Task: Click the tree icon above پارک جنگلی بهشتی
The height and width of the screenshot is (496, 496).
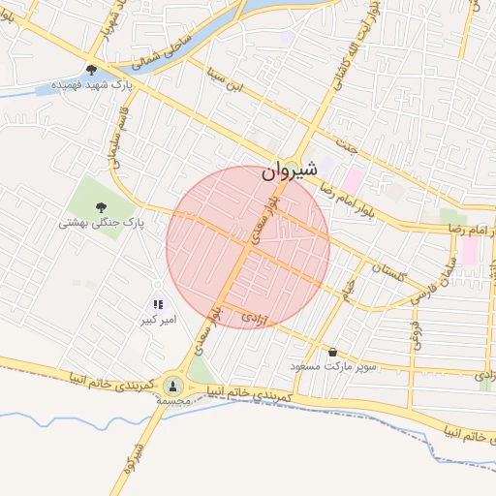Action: pyautogui.click(x=101, y=205)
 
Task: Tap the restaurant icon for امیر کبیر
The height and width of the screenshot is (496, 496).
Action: pyautogui.click(x=158, y=304)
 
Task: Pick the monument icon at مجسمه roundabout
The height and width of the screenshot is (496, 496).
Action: pyautogui.click(x=173, y=386)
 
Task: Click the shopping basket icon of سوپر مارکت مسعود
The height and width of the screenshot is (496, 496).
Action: pyautogui.click(x=333, y=353)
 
